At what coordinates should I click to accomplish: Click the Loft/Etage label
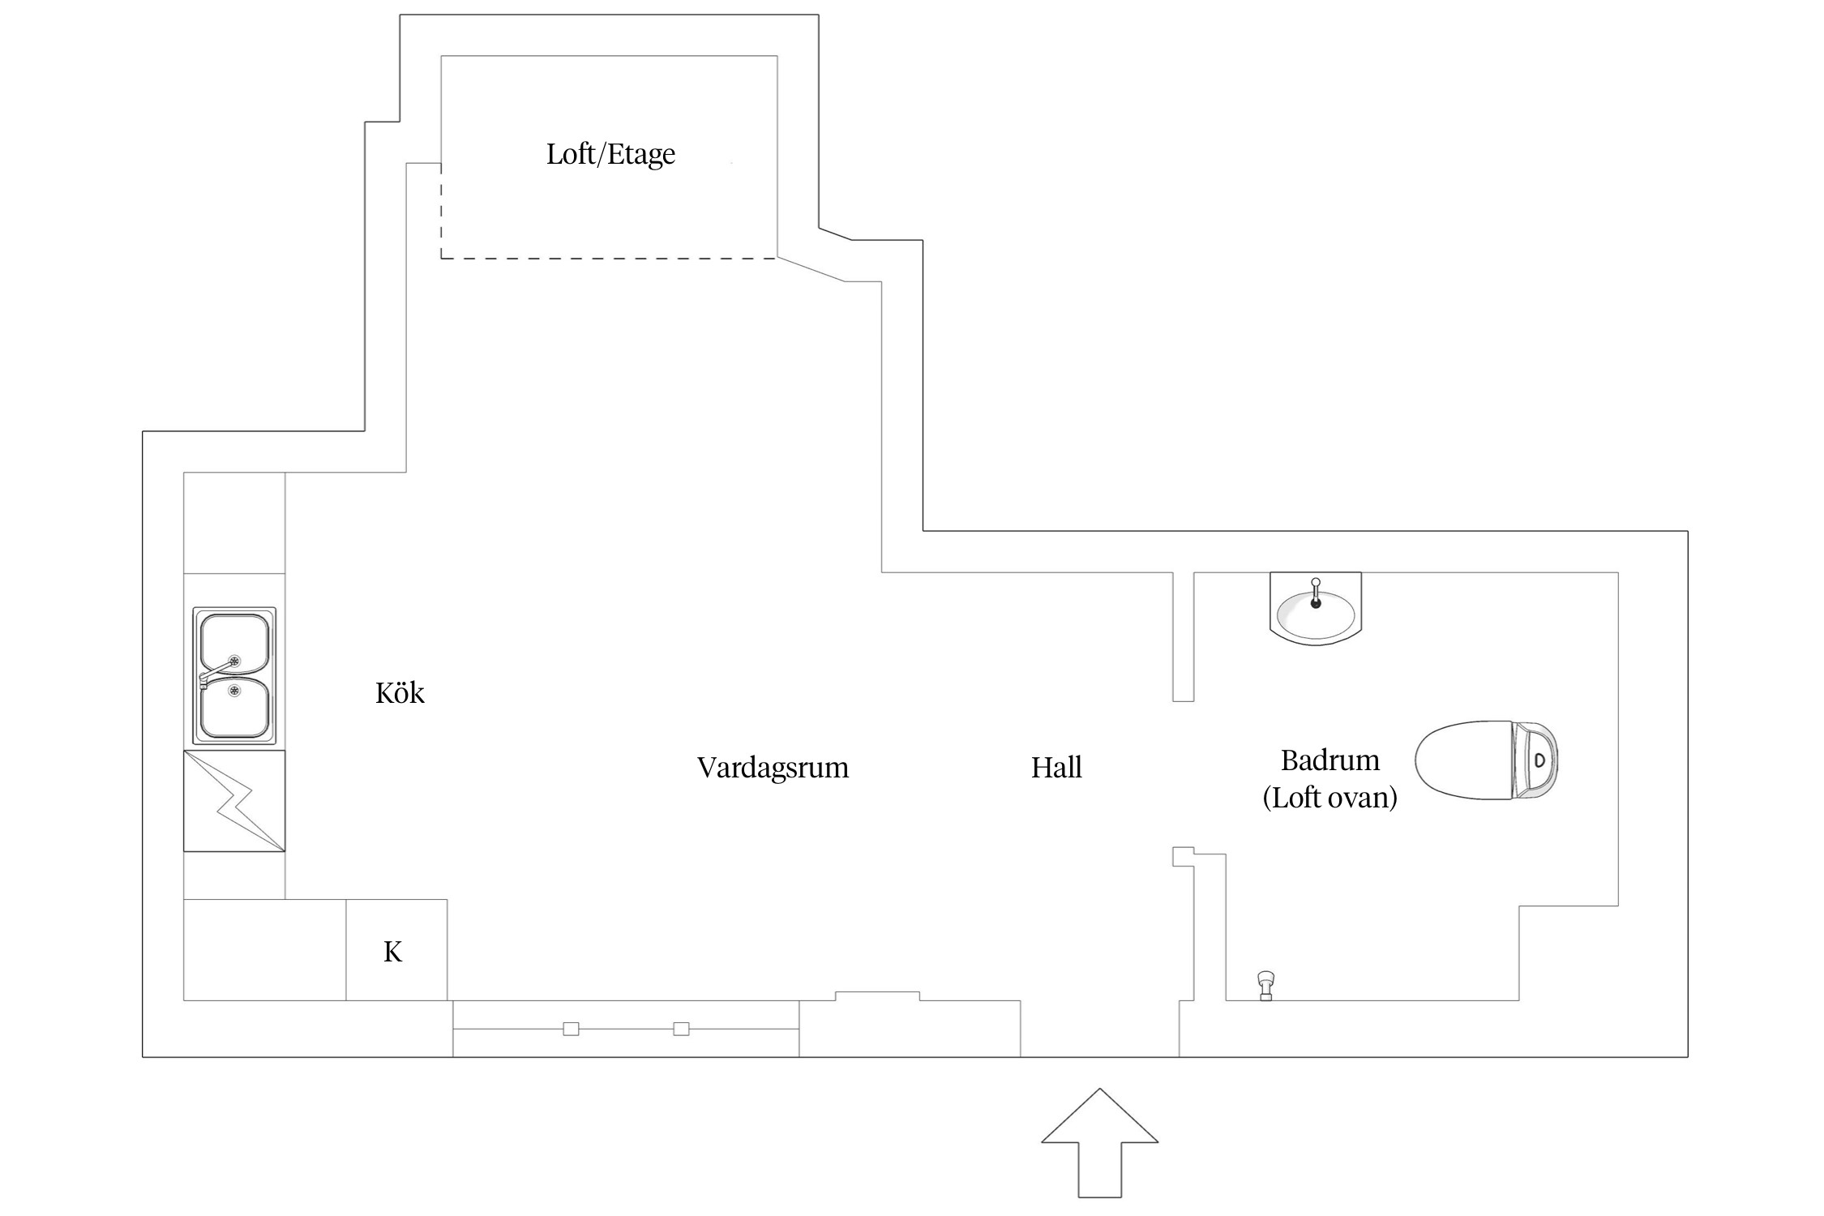tap(610, 154)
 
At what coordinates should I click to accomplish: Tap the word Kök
tap(400, 693)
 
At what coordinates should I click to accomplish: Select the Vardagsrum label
tap(773, 768)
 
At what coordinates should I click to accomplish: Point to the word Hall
tap(1056, 768)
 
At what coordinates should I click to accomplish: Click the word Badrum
tap(1329, 760)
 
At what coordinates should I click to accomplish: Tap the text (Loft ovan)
tap(1329, 798)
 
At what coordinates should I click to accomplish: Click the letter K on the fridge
tap(393, 952)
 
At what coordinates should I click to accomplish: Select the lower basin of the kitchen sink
tap(234, 707)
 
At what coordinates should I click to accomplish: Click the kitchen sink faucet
tap(212, 673)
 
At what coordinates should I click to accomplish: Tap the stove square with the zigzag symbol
tap(234, 801)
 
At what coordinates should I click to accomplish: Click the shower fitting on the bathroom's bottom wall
tap(1265, 985)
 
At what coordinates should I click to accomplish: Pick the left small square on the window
tap(571, 1029)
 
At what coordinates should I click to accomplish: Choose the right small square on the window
tap(682, 1029)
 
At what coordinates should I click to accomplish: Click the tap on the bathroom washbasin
tap(1316, 593)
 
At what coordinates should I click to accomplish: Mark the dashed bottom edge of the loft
tap(608, 259)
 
